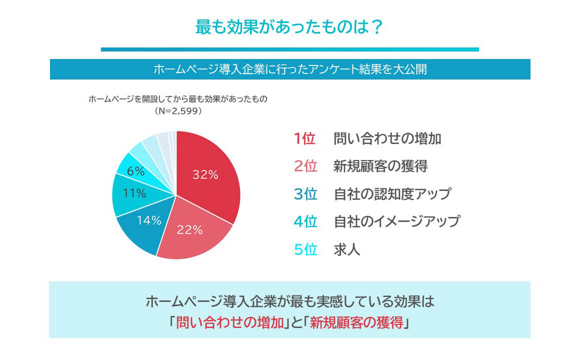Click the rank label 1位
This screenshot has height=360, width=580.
click(304, 139)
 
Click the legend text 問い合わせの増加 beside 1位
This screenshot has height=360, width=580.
click(387, 139)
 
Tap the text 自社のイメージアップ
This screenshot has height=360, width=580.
click(396, 221)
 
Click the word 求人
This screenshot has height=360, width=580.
click(346, 249)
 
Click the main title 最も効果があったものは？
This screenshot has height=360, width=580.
click(289, 27)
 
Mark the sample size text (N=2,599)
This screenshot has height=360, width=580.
click(178, 111)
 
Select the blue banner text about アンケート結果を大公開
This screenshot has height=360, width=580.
click(289, 69)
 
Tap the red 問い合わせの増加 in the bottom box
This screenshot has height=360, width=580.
click(229, 323)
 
